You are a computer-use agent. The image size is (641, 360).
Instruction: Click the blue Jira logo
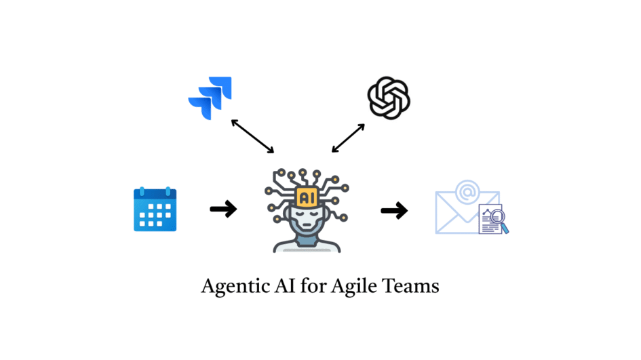click(210, 98)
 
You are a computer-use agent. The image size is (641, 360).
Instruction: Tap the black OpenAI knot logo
click(389, 98)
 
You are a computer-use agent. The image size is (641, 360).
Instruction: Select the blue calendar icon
click(155, 209)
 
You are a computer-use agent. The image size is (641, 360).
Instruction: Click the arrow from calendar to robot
click(223, 209)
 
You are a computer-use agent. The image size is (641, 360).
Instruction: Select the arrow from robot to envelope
click(394, 211)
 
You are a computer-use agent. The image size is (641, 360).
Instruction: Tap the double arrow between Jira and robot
click(252, 136)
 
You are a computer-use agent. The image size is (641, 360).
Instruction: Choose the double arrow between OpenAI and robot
click(349, 138)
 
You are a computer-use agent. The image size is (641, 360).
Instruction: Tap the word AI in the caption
click(281, 285)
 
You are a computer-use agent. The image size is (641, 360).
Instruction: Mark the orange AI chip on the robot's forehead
click(306, 195)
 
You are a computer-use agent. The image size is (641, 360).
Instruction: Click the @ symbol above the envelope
click(467, 191)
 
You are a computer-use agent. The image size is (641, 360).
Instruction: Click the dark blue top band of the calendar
click(155, 194)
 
